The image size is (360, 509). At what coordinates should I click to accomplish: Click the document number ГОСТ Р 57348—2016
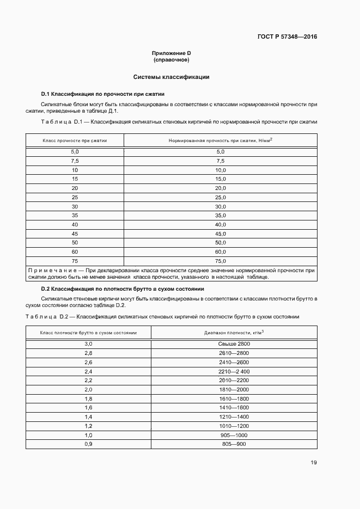point(287,37)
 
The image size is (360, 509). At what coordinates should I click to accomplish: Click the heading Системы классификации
point(171,77)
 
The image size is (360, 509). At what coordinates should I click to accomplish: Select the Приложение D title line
point(171,53)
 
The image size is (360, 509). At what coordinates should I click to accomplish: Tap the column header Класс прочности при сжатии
point(75,140)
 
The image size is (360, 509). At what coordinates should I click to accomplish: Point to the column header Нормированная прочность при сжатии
point(220,140)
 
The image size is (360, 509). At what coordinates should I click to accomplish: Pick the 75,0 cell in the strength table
point(220,261)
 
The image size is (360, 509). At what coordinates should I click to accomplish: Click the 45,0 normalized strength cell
point(220,234)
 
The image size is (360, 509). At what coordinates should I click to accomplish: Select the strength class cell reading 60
point(75,252)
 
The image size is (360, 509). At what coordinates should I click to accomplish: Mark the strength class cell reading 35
point(75,215)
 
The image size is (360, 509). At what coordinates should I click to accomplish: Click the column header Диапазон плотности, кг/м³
point(234,332)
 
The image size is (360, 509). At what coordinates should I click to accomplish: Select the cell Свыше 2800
point(234,344)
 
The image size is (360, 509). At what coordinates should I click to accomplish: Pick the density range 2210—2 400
point(234,371)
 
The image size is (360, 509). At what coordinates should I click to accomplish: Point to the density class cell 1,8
point(88,398)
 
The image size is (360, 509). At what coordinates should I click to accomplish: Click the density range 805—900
point(234,444)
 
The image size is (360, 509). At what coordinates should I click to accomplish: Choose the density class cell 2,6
point(88,362)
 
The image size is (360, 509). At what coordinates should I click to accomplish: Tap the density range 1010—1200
point(234,426)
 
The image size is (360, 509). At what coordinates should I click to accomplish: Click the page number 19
point(314,463)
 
